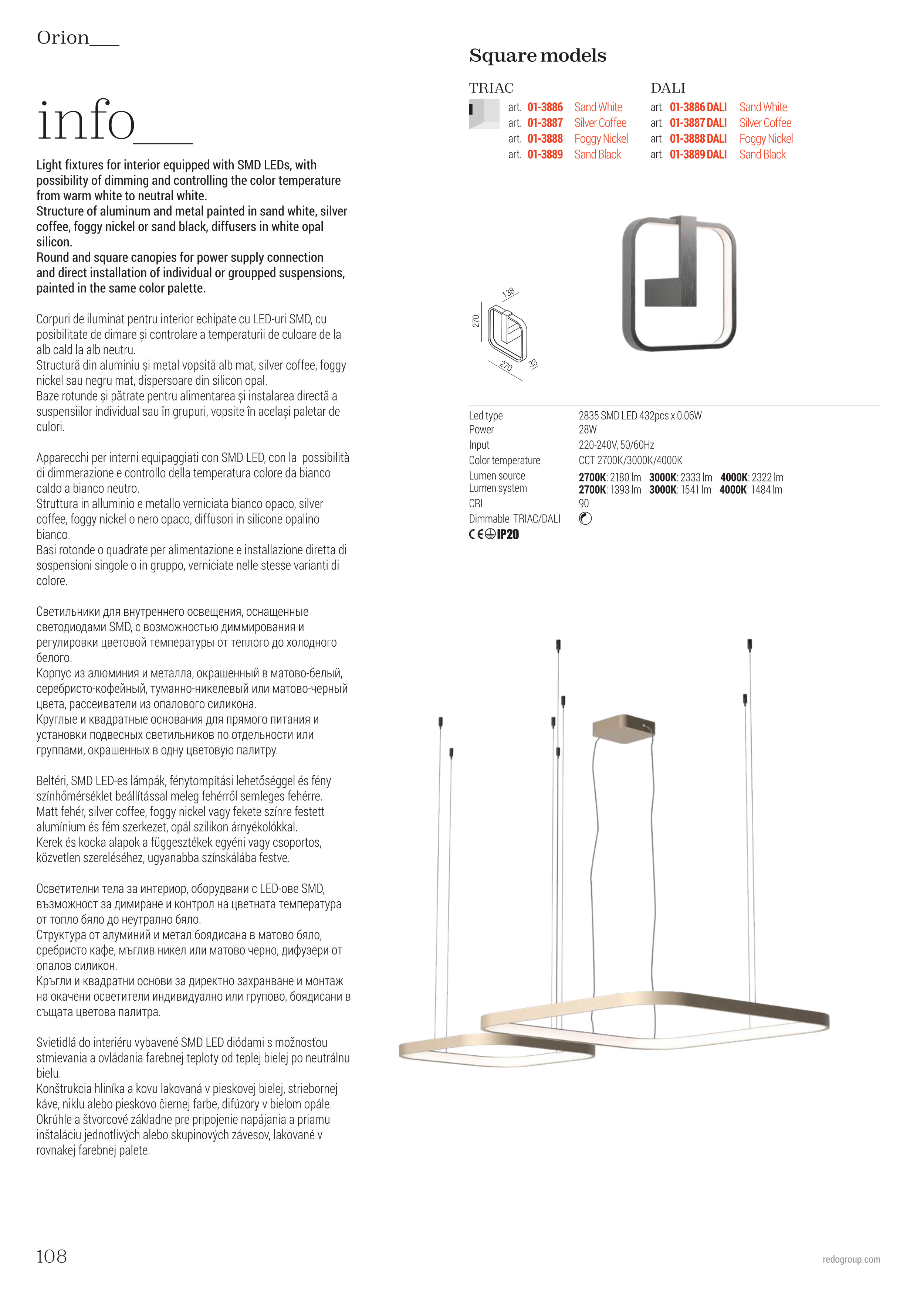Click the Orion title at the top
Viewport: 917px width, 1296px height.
point(63,38)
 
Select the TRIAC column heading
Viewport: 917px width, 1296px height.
point(491,88)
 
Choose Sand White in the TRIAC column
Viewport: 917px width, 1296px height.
point(598,107)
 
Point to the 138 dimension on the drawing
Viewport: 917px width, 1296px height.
point(508,292)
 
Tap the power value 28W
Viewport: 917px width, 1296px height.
point(587,429)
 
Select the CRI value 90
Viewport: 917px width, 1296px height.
point(583,503)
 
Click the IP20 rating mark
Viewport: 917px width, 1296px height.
point(508,534)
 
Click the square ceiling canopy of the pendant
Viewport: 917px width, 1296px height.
point(623,728)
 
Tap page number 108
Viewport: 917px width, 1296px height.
point(51,1256)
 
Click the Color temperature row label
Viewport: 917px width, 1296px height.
point(504,460)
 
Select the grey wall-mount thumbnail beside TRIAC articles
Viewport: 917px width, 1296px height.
point(484,113)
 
